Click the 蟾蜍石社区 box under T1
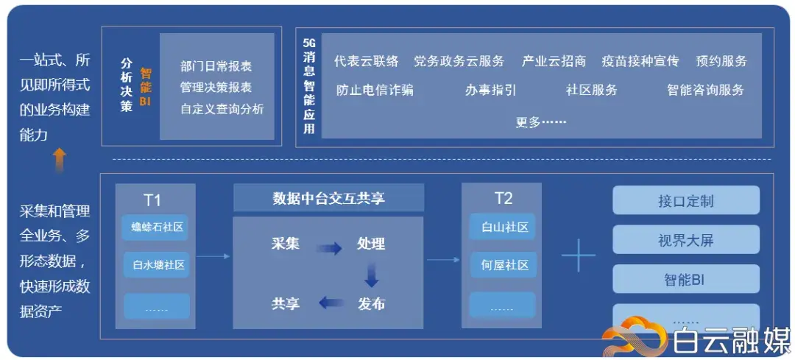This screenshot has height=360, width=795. [x=155, y=227]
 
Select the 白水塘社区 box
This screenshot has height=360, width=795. [x=155, y=264]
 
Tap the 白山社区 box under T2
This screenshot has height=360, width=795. [x=501, y=227]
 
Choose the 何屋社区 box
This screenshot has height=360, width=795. [x=501, y=264]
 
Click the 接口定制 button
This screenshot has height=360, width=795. [x=685, y=200]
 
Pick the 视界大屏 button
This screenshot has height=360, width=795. [x=685, y=239]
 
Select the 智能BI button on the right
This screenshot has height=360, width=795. [x=685, y=279]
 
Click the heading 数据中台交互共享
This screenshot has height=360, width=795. [x=328, y=198]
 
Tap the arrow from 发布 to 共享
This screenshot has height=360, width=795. [x=331, y=302]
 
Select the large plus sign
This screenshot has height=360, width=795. [x=578, y=255]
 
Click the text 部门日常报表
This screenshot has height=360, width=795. [x=216, y=66]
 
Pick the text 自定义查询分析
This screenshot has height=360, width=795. [x=222, y=109]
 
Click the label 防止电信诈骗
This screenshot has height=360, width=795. [x=375, y=90]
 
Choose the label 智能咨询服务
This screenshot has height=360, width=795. [x=705, y=90]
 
